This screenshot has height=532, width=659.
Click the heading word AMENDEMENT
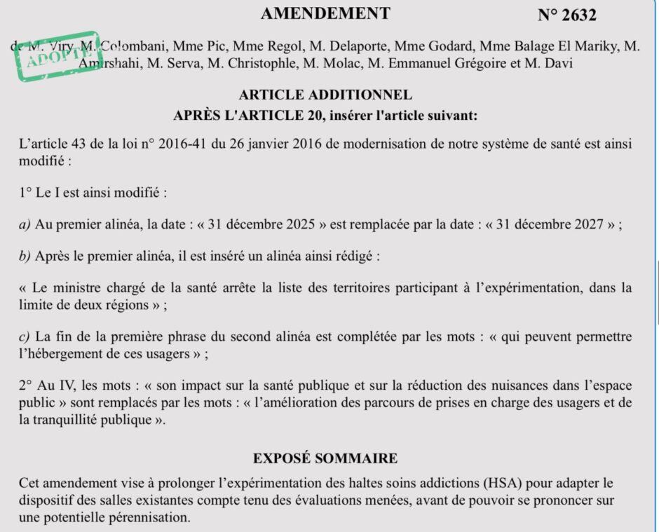click(325, 13)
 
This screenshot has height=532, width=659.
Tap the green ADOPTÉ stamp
click(57, 53)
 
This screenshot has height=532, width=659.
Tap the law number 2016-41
click(183, 144)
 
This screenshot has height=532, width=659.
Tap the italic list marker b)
click(25, 256)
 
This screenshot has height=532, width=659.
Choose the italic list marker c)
click(25, 337)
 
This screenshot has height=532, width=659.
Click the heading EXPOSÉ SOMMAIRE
click(325, 459)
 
